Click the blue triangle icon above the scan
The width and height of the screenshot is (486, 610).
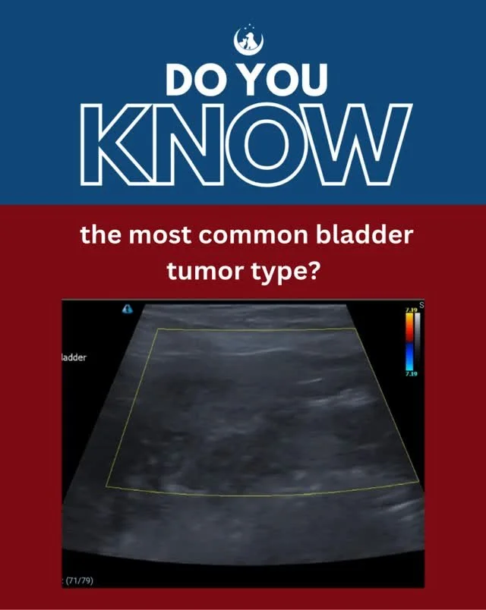(x=127, y=310)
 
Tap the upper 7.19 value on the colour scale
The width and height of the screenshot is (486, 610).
(x=410, y=310)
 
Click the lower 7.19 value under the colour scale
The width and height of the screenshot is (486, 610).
(x=410, y=374)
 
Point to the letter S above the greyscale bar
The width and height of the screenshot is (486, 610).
(x=421, y=305)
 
